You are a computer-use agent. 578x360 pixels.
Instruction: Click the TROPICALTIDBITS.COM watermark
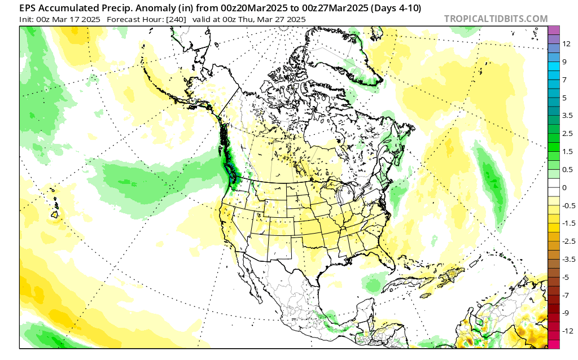click(496, 19)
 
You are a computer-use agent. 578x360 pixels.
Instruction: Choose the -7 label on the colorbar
click(566, 295)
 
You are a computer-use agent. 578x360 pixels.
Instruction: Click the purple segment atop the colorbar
click(554, 30)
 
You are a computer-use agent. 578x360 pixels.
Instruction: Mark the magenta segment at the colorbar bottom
click(554, 344)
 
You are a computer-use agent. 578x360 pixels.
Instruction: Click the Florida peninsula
click(389, 260)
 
